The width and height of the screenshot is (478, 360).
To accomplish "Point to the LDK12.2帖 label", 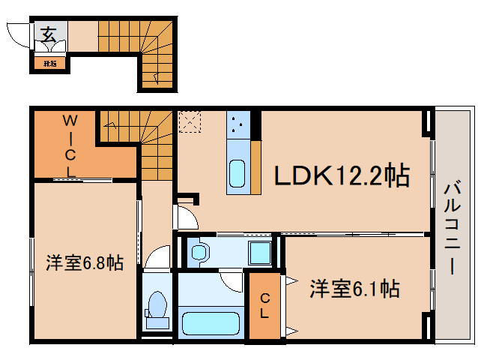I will pos(340,176).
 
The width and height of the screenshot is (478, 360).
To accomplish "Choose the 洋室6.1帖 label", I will pos(354,288).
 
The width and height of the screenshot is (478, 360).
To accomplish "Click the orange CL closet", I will pos(264,307).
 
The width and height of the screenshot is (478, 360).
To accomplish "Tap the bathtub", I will pos(211,325).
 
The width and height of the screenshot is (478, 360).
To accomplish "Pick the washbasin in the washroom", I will pos(199,252).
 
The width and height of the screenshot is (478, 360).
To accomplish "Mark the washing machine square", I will pos(260,252).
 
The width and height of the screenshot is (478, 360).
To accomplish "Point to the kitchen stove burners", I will pos(240,125).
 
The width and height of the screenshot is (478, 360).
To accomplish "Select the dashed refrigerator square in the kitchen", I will pos(189,121).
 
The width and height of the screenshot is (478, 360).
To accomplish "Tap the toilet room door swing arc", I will pos(157,258).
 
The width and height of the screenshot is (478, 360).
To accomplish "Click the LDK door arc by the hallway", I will pos(186,218).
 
